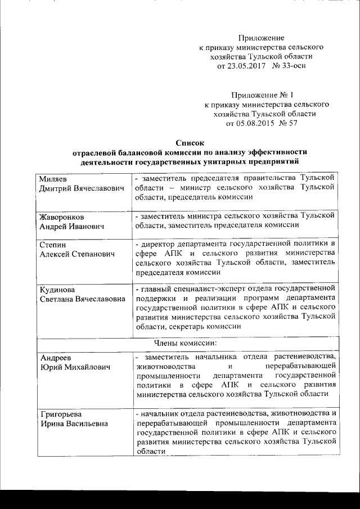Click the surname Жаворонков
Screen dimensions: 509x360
(62, 216)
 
